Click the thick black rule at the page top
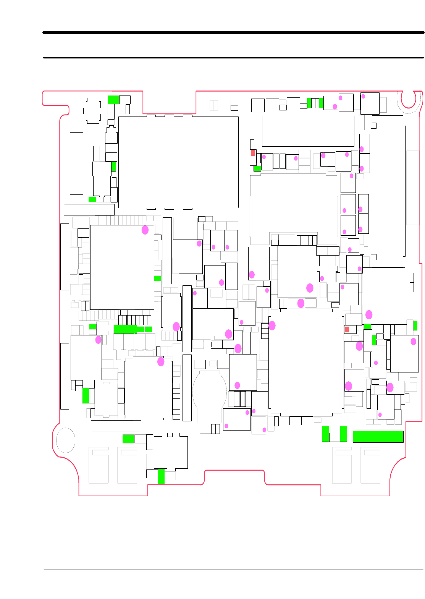click(x=233, y=32)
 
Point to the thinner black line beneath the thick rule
click(x=233, y=58)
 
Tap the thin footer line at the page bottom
click(x=233, y=570)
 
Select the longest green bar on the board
click(x=378, y=437)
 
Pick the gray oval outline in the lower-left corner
click(x=66, y=440)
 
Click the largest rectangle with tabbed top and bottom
click(x=178, y=162)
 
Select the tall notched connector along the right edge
click(x=388, y=191)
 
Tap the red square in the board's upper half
click(x=253, y=153)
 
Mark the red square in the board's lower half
click(x=347, y=329)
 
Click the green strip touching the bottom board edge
click(x=161, y=476)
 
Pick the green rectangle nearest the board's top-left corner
click(x=113, y=100)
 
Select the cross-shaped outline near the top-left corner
click(x=93, y=111)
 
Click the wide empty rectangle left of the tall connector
click(x=308, y=131)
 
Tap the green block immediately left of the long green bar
click(x=344, y=434)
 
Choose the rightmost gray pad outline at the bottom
click(x=370, y=465)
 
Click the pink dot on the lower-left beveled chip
click(x=161, y=361)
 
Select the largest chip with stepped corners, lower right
click(x=306, y=362)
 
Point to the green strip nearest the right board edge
click(x=415, y=325)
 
